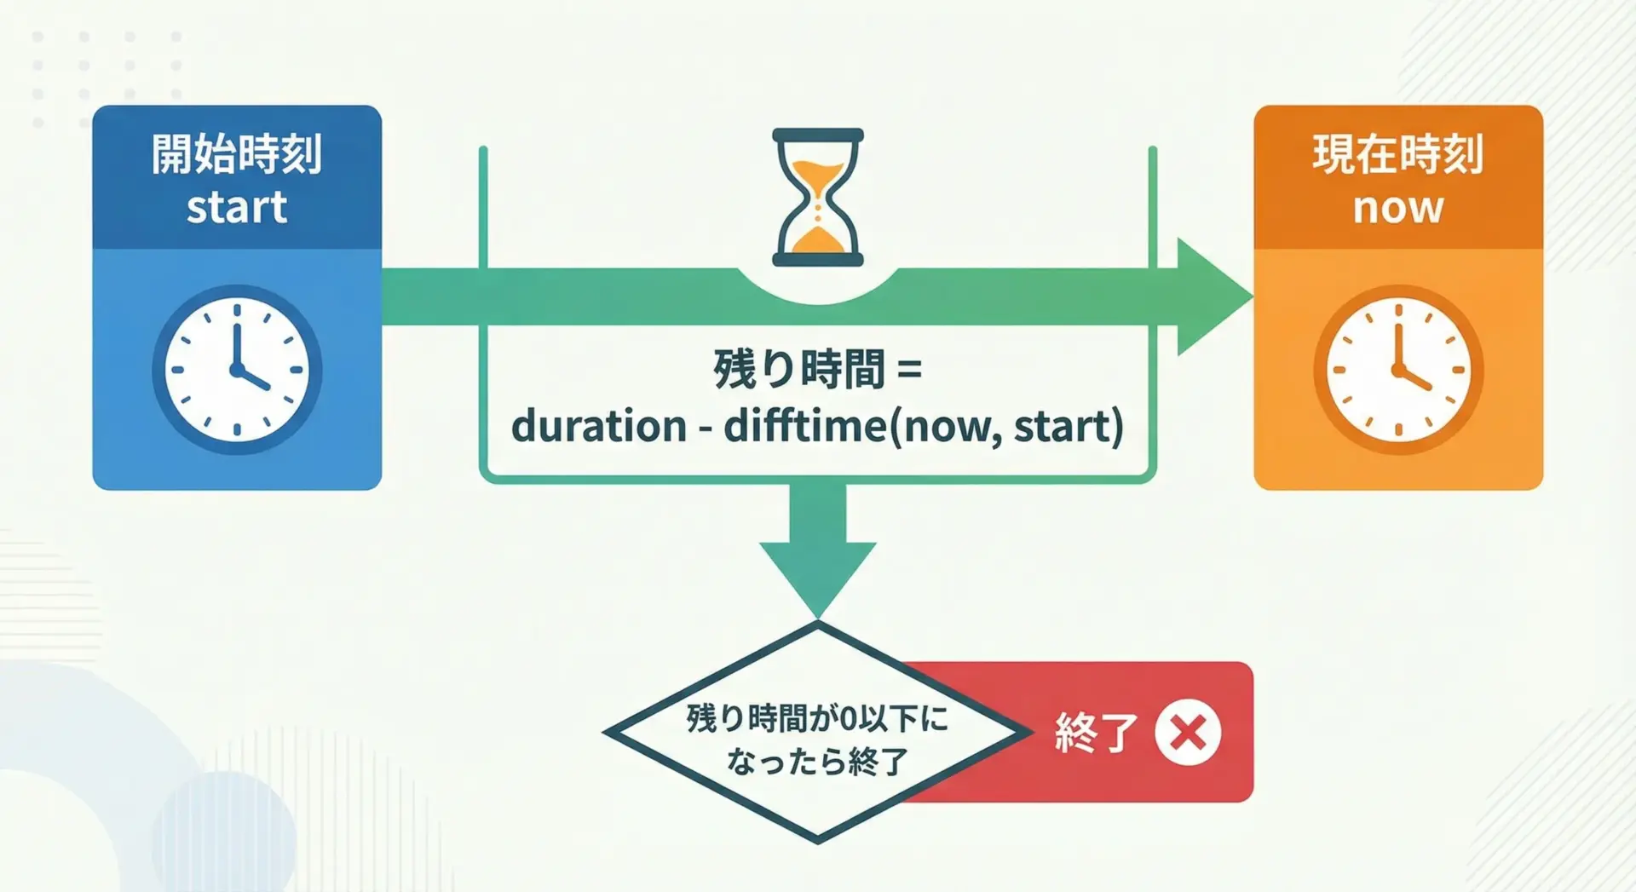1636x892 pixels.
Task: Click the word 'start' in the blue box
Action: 237,208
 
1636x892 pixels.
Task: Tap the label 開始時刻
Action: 237,154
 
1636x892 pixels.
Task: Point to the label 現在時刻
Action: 1398,154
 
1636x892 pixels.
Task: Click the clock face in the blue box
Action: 237,370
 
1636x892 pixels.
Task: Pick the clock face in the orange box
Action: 1398,370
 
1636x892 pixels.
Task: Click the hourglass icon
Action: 818,197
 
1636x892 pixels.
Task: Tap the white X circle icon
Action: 1188,732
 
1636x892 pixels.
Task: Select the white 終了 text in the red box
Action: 1097,733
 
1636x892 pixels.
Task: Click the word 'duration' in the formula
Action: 599,426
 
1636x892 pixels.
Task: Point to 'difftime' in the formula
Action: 806,426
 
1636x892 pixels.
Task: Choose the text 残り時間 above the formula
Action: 799,370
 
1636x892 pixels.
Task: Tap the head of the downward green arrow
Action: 818,580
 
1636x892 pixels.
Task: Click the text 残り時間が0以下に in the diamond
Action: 817,718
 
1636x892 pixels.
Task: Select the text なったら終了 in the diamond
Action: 817,761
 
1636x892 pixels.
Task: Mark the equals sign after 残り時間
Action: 909,371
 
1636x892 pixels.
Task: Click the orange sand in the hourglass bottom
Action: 818,240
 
